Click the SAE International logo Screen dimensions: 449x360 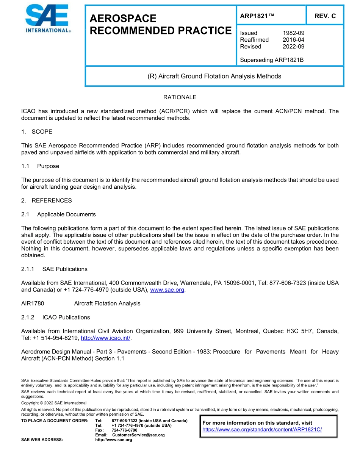pos(47,19)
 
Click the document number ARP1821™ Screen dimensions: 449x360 pos(257,16)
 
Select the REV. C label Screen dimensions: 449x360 pos(325,16)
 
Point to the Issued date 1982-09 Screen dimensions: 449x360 pos(293,33)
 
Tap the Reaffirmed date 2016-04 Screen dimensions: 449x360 pos(293,40)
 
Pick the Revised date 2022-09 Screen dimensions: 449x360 pos(293,47)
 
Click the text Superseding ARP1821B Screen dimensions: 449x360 pos(272,60)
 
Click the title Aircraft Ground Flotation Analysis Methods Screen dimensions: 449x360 pos(214,76)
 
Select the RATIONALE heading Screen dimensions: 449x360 pos(180,97)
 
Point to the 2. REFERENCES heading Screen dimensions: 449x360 pos(47,200)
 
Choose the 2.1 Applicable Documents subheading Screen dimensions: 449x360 pos(59,214)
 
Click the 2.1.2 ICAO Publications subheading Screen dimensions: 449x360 pos(56,317)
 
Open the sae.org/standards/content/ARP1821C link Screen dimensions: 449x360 pos(262,430)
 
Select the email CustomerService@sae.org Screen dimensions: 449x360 pos(138,435)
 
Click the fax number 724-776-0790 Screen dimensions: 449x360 pos(124,430)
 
